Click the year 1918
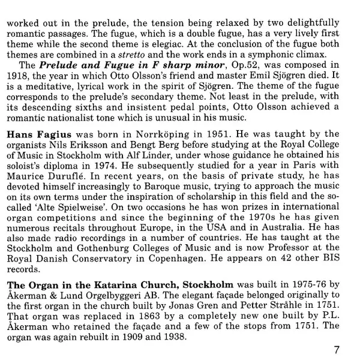coord(19,76)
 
